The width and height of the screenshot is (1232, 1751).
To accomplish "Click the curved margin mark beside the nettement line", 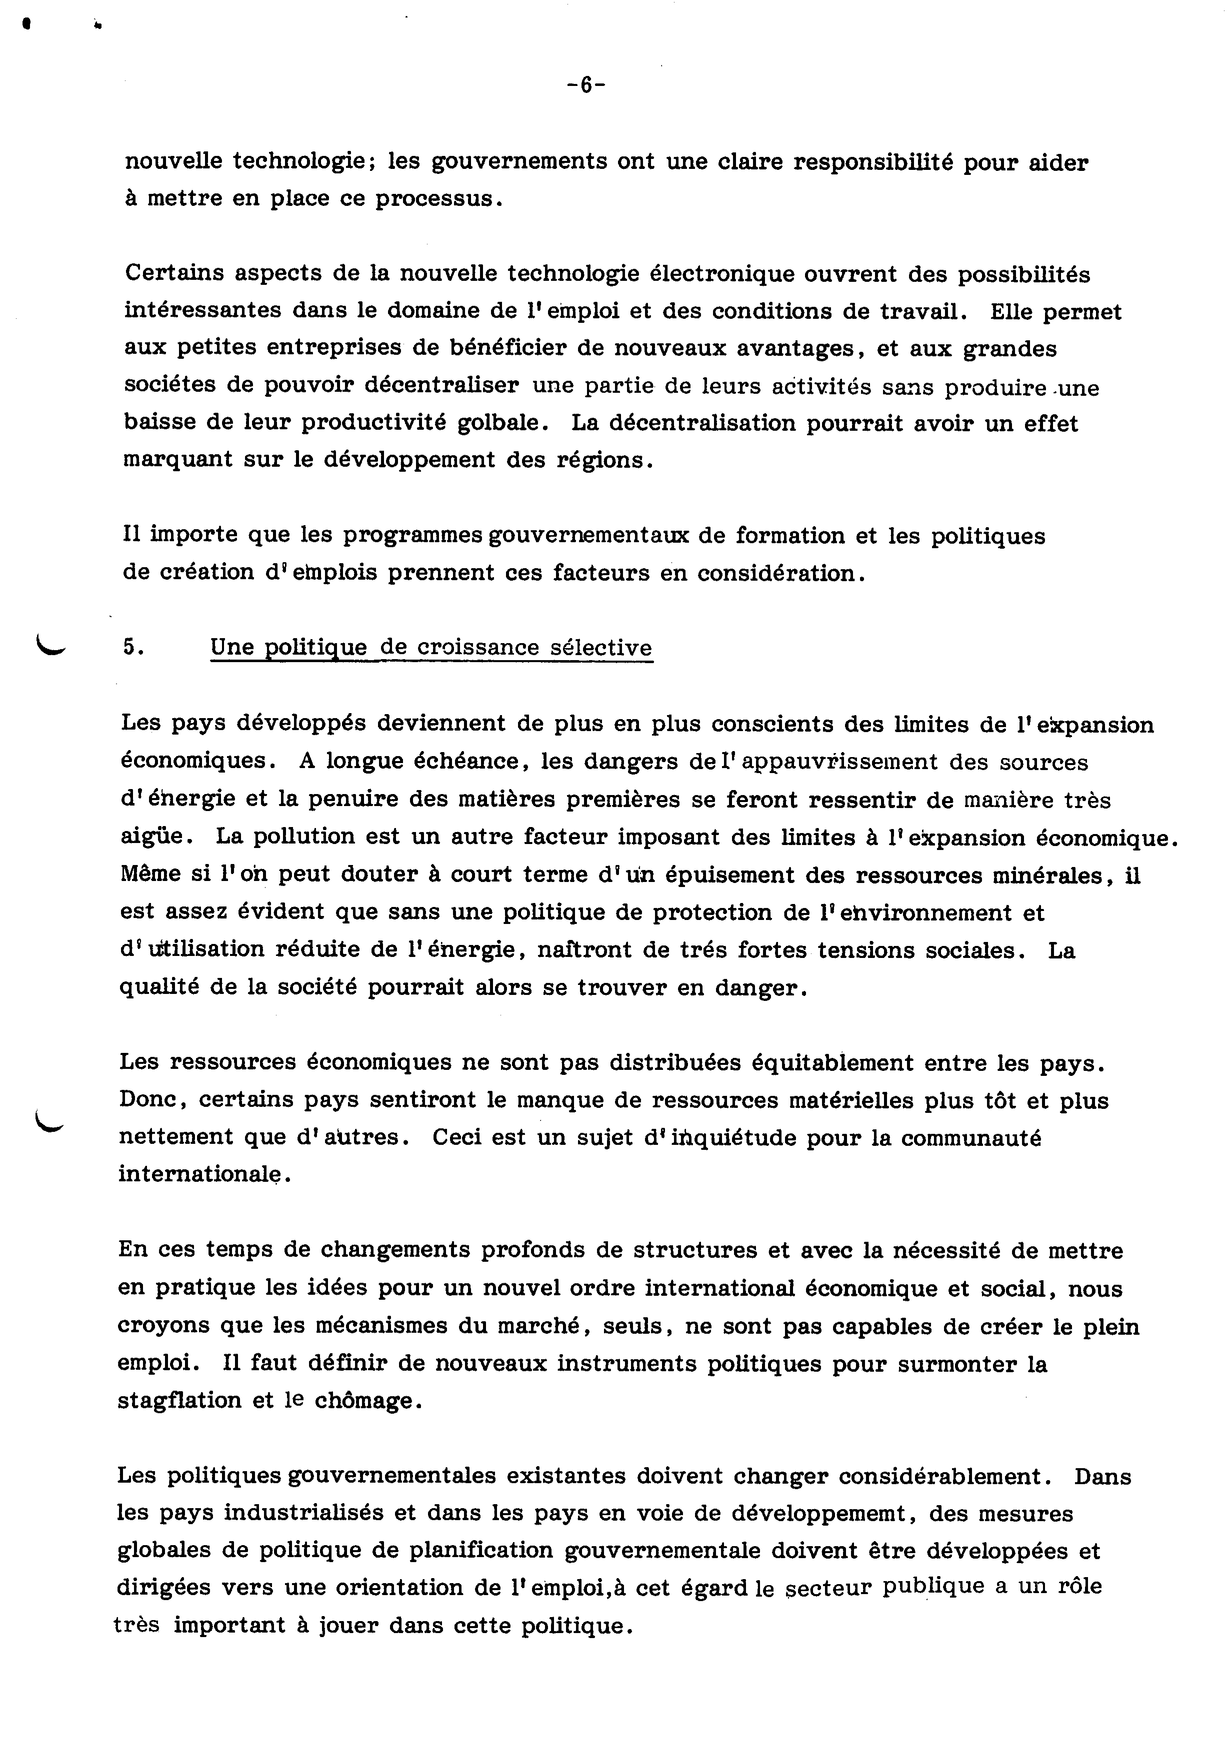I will click(x=51, y=1119).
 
